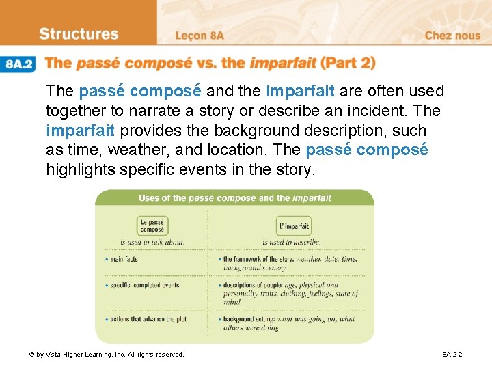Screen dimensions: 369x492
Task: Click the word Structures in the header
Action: [x=79, y=34]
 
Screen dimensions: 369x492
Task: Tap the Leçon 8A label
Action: [x=200, y=36]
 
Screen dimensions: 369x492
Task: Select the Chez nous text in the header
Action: [x=452, y=36]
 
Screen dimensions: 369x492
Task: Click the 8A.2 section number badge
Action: [x=19, y=64]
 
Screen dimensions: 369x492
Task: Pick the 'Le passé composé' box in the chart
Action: [x=152, y=226]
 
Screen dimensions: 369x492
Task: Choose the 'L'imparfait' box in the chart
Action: [x=295, y=226]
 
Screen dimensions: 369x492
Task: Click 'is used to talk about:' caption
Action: [x=152, y=243]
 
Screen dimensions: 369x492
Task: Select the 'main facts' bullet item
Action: [x=124, y=260]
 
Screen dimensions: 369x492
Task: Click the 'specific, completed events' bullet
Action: [x=145, y=285]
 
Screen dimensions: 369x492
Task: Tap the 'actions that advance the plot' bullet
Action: [x=148, y=319]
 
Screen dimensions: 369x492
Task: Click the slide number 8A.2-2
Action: [x=452, y=355]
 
